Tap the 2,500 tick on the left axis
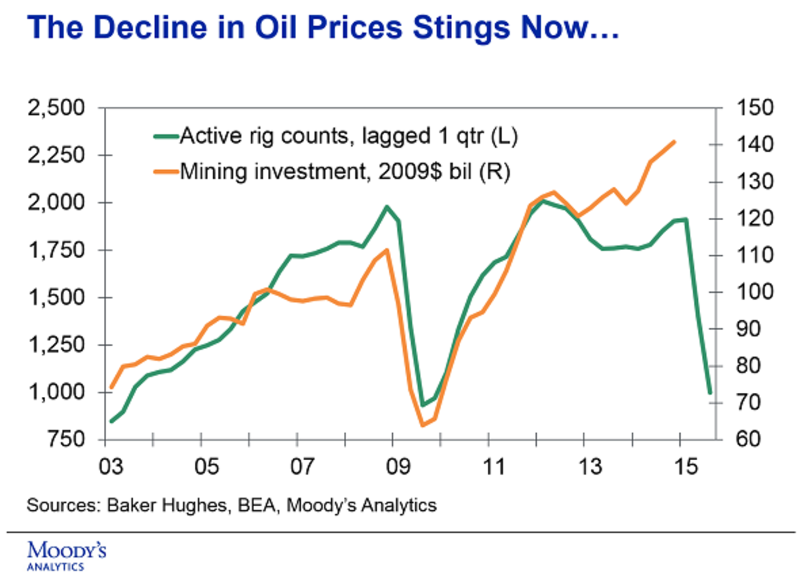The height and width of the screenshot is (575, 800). (x=60, y=107)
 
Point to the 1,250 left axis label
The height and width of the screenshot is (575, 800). (x=60, y=346)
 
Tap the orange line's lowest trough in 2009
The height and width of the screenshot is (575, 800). (x=422, y=425)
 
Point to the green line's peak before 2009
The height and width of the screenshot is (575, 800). (x=386, y=207)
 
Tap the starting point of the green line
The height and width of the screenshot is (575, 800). (x=112, y=421)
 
